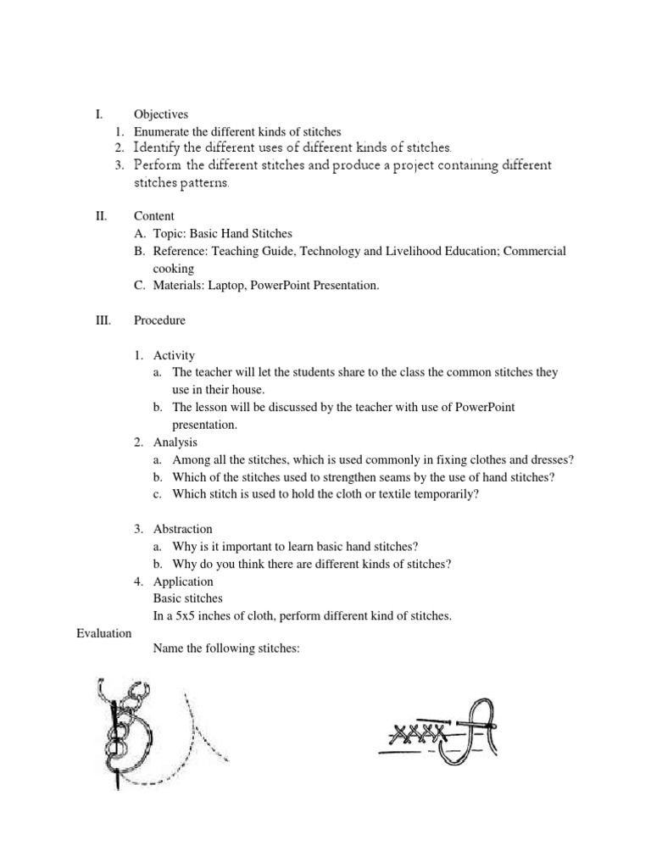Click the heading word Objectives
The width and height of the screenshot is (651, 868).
point(161,114)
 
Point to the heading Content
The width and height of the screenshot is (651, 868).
point(154,216)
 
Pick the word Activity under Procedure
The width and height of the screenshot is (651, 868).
point(174,355)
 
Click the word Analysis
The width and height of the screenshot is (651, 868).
point(175,442)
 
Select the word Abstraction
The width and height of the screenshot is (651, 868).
point(183,529)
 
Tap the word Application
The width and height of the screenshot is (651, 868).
point(183,581)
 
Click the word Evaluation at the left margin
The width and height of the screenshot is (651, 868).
point(104,633)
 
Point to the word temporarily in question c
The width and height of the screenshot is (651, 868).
point(446,494)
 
